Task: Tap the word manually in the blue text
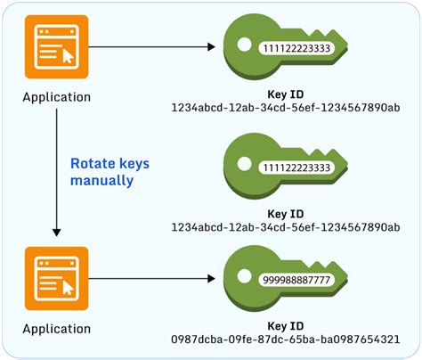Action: (101, 180)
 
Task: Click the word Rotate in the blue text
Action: (90, 163)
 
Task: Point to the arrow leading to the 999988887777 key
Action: (152, 278)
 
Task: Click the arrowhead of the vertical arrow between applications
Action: (56, 233)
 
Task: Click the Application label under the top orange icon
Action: (56, 96)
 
